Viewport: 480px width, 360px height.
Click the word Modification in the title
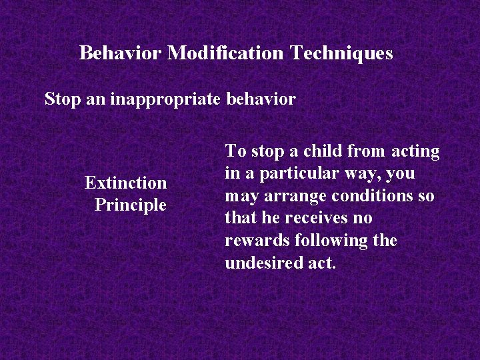point(225,53)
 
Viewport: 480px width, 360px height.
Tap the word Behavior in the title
point(121,53)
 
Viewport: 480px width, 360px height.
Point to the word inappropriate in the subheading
point(165,99)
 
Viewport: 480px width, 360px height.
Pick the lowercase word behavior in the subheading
point(261,99)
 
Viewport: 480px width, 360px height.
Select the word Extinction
point(125,182)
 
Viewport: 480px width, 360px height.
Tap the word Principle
point(130,205)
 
